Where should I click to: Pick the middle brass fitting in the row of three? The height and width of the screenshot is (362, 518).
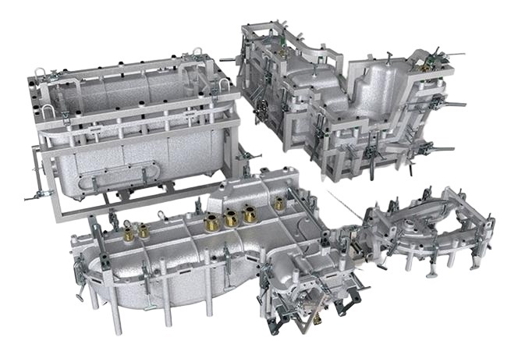232,218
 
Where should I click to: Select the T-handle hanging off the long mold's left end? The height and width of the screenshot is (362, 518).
80,296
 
